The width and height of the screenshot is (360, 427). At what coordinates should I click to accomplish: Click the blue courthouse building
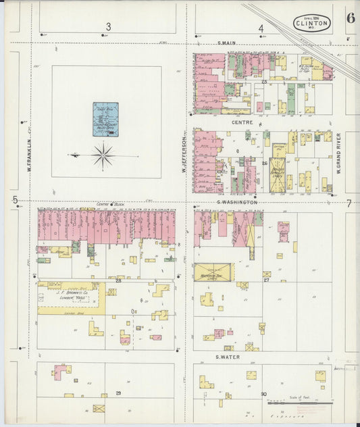105,120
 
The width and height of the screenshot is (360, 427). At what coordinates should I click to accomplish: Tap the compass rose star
103,155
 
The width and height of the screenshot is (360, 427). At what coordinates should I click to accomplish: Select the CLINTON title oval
312,23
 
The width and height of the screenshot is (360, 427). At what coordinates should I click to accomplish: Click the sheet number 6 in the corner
351,18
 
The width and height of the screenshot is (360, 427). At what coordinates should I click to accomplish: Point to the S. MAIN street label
229,45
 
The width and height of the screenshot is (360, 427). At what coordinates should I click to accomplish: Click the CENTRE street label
241,123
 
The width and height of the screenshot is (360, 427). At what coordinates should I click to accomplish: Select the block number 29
118,393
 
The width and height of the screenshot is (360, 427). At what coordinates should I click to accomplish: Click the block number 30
263,394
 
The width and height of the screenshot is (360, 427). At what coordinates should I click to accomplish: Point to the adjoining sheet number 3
108,28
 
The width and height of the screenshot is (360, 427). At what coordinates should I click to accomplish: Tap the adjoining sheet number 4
261,28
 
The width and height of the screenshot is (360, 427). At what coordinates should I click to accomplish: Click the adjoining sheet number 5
14,199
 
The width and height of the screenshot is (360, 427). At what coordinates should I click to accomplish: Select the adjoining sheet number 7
349,203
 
